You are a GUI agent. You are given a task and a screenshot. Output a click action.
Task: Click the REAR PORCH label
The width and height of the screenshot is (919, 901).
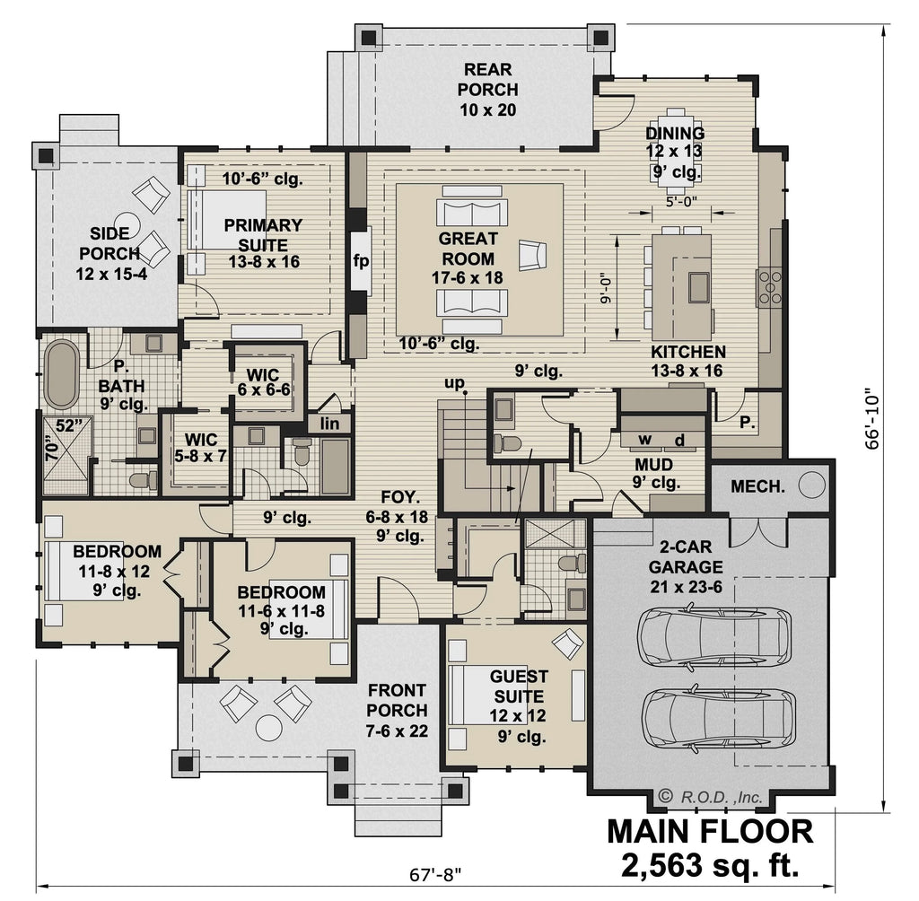coord(488,89)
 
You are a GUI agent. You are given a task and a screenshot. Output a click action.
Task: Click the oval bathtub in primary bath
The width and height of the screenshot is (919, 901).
coord(62,374)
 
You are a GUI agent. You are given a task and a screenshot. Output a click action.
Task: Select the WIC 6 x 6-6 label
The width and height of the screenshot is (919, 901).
coord(263,381)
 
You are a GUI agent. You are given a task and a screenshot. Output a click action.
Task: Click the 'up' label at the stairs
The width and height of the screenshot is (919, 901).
coord(456,384)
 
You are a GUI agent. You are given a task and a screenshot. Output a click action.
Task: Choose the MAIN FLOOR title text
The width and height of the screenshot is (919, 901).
coord(710,831)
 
